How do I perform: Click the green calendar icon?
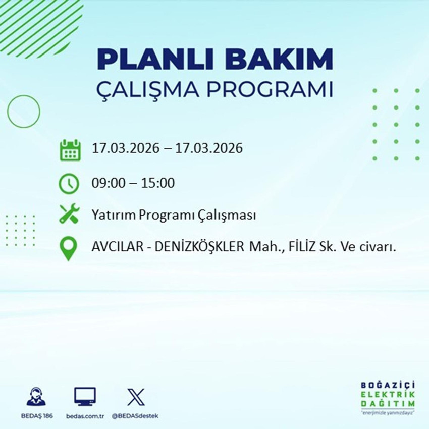click(70, 150)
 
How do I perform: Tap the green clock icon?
click(69, 183)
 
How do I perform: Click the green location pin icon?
click(69, 249)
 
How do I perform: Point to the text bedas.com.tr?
click(85, 416)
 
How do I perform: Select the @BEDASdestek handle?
click(135, 416)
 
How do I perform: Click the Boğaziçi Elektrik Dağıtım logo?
click(388, 397)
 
